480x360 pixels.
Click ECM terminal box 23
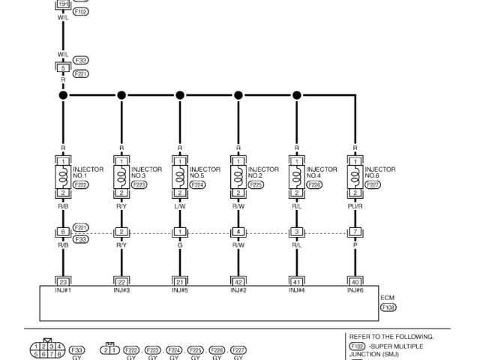coord(63,281)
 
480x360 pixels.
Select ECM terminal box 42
coord(238,281)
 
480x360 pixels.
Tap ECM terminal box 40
coord(355,281)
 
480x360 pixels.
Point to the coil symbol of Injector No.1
coord(63,177)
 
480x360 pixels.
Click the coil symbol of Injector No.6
coord(355,177)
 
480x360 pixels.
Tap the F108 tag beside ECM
coord(388,307)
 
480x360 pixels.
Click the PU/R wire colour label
coord(355,203)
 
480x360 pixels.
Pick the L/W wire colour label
coord(180,203)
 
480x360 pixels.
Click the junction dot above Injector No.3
coord(121,95)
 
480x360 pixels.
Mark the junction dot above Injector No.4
coord(297,95)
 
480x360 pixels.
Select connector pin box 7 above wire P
coord(355,232)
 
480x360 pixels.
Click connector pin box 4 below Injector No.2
coord(238,232)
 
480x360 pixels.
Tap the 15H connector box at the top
coord(63,4)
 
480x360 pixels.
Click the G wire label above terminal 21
coord(180,244)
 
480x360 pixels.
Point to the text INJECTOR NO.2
coord(263,172)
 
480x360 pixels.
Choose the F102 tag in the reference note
coord(356,346)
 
